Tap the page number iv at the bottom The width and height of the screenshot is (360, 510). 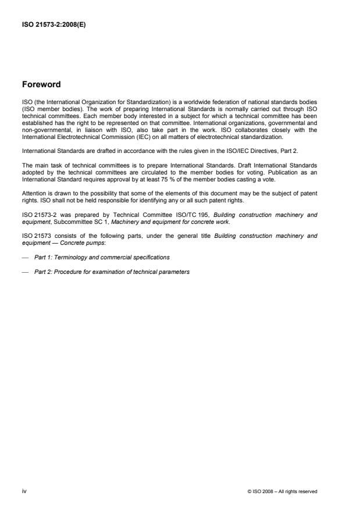point(24,491)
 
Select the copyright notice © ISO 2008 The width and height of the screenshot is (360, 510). point(282,491)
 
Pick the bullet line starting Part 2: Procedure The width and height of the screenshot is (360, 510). point(112,272)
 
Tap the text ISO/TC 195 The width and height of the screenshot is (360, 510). point(201,215)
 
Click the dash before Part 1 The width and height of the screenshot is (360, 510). point(25,257)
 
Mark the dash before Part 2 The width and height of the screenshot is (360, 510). point(25,272)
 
